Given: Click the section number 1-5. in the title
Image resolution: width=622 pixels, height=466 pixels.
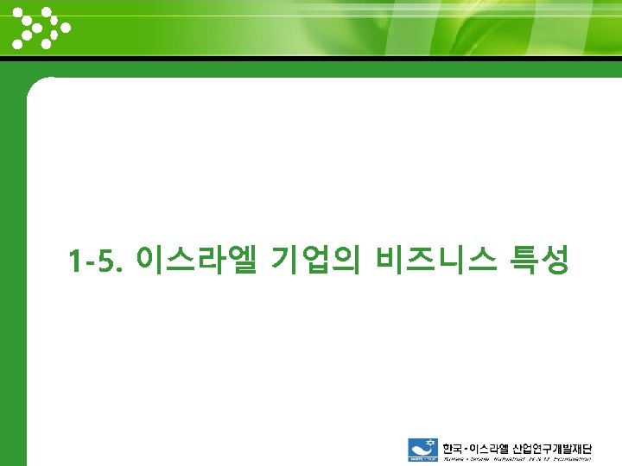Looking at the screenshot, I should tap(98, 260).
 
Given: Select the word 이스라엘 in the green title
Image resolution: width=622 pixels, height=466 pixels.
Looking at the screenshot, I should tap(197, 259).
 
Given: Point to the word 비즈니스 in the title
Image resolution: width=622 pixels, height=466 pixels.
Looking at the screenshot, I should tap(435, 259).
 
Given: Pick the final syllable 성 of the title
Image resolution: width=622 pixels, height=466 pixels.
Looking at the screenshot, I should tap(555, 259).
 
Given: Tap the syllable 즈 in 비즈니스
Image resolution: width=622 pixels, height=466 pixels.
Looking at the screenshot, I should tap(421, 259).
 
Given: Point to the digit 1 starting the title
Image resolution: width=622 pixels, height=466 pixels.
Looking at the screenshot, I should tap(76, 260).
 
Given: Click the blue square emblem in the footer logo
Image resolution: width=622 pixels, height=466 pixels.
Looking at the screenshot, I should tap(422, 450).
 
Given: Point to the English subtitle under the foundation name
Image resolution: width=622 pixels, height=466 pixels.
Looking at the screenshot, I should tap(517, 459).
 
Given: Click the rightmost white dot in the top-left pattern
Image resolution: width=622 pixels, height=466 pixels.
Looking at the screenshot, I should tap(66, 27).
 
